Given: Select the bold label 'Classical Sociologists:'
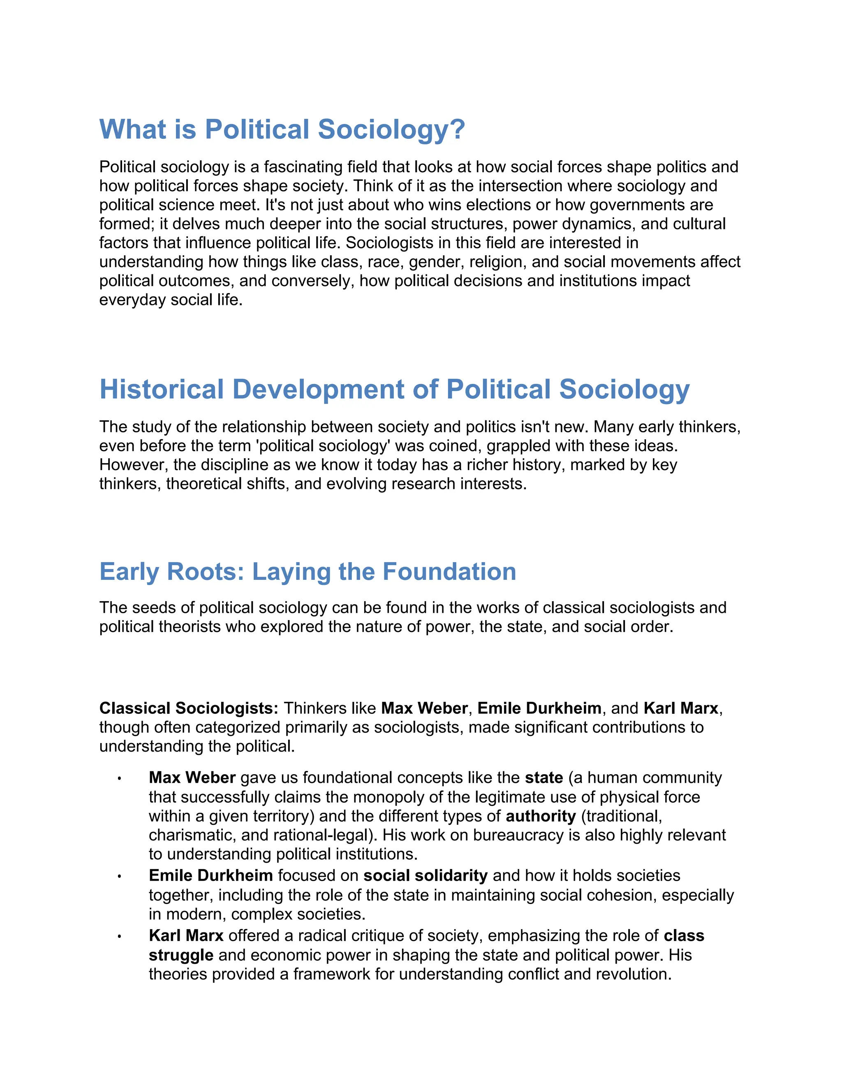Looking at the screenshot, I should tap(189, 708).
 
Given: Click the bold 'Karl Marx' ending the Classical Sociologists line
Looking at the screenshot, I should tap(680, 708).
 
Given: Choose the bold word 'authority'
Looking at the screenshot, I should tap(541, 816).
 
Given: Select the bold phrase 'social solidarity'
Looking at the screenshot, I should tap(425, 876).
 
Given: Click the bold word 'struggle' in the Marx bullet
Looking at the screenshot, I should tap(180, 955).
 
